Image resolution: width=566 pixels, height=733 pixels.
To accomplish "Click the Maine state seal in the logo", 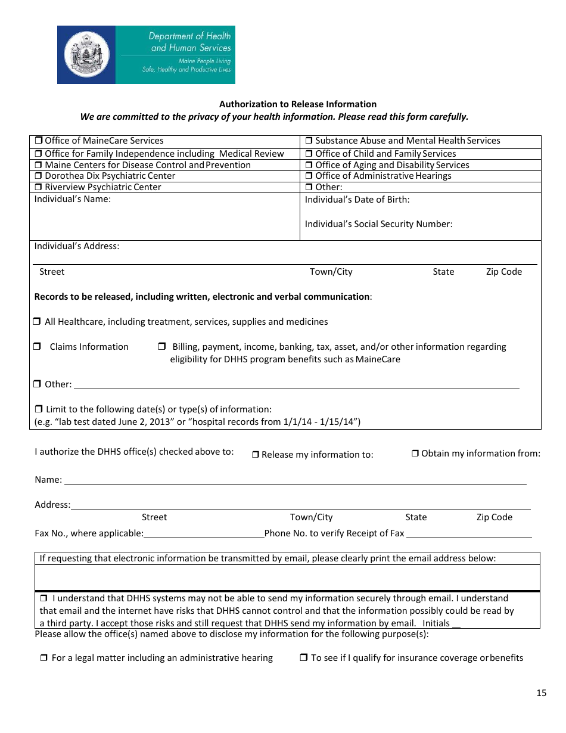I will point(87,55).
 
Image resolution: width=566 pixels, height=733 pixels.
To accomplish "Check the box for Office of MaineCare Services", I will point(38,141).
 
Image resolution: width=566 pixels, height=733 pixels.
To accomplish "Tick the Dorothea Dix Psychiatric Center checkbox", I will point(38,176).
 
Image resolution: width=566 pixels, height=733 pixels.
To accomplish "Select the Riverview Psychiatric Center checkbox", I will point(38,188).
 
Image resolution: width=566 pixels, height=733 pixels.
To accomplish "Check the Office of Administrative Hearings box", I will point(309,176).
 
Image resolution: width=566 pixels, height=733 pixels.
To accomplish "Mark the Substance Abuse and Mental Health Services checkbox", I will point(309,141).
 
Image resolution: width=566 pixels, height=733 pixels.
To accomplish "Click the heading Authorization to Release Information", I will point(298,104).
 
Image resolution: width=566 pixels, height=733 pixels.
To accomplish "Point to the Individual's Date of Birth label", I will point(357,200).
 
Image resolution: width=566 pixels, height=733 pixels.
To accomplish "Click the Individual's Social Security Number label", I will point(378,224).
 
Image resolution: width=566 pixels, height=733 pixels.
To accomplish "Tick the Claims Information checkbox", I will point(37,347).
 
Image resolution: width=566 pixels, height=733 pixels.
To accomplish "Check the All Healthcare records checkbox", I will point(37,322).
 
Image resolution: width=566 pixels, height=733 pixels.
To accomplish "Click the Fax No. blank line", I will point(204,533).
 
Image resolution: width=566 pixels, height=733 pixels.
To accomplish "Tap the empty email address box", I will point(287,577).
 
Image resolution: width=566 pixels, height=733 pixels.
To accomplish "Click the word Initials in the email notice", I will point(436,623).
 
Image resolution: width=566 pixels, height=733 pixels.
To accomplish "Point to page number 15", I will point(541,693).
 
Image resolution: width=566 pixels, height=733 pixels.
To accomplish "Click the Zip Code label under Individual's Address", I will point(503,272).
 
